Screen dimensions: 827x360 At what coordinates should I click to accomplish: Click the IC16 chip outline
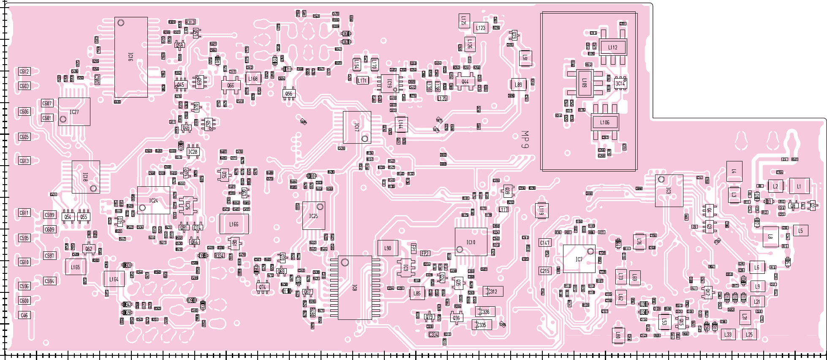[131, 57]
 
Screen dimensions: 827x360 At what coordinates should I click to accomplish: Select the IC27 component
[74, 112]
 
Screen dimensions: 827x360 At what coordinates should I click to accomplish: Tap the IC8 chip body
[355, 287]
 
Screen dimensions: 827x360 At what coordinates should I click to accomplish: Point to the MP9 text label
[525, 140]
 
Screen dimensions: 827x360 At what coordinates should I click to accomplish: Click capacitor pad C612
[24, 71]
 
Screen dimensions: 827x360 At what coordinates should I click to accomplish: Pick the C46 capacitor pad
[24, 315]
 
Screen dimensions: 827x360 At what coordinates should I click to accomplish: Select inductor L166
[234, 224]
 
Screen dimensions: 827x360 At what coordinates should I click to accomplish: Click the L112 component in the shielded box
[612, 47]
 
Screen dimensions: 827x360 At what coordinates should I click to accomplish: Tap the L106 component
[604, 122]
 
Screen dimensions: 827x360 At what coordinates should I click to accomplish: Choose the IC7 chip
[579, 259]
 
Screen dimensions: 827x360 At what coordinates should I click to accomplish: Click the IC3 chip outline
[669, 191]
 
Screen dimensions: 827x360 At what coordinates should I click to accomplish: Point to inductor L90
[387, 248]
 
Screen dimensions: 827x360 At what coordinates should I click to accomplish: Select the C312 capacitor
[492, 292]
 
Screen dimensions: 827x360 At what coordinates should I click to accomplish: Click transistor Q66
[231, 85]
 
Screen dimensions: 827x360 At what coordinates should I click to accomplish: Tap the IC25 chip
[313, 216]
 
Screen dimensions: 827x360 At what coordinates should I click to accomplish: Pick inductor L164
[114, 279]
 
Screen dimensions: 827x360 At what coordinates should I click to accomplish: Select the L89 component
[518, 85]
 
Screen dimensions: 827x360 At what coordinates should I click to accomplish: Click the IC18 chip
[86, 177]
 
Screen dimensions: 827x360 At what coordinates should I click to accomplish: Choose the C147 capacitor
[545, 243]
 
